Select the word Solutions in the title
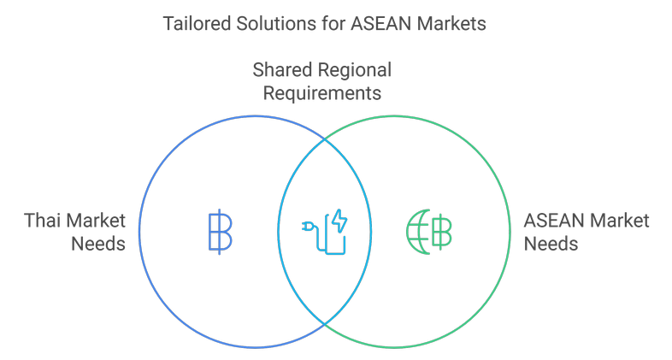tap(267, 23)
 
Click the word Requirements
tap(322, 92)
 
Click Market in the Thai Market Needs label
tap(96, 221)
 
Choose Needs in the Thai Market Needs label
tap(98, 244)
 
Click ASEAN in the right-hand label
tap(552, 221)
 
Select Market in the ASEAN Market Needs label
tap(619, 221)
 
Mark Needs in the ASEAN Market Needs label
tap(551, 244)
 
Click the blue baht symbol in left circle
tap(220, 232)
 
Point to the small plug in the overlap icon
tap(308, 228)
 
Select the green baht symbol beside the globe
tap(442, 232)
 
